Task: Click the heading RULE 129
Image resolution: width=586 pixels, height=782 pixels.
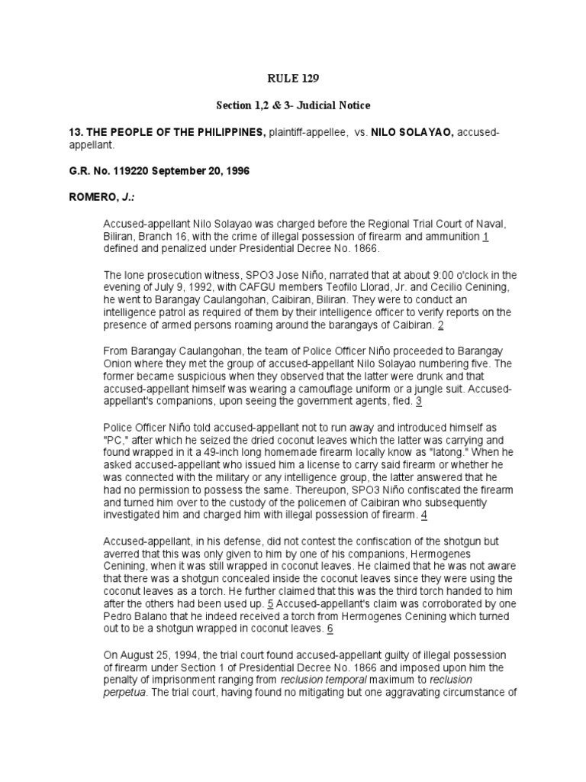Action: click(x=292, y=78)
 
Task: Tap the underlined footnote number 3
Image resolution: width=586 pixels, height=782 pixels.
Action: click(x=419, y=401)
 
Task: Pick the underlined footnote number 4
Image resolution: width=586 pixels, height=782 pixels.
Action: click(x=424, y=515)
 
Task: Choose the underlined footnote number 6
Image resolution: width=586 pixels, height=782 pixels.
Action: click(x=330, y=628)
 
